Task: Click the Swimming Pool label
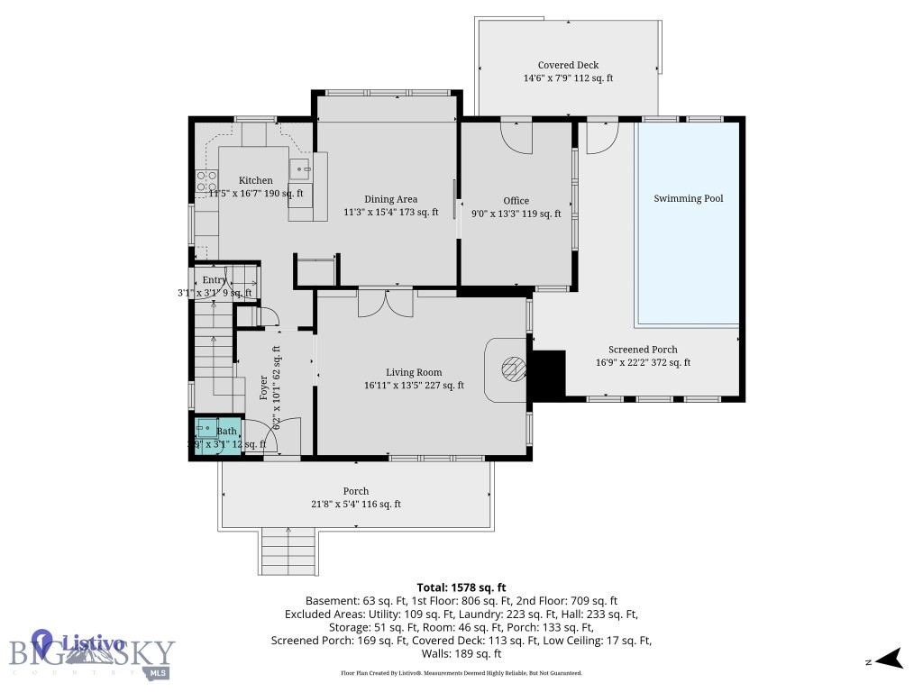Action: point(689,198)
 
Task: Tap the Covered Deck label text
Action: point(568,65)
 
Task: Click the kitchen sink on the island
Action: point(300,168)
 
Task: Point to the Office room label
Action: point(516,201)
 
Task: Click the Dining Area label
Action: point(390,199)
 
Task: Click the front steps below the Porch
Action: point(288,551)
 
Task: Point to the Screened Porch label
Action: point(643,350)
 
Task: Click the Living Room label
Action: point(414,372)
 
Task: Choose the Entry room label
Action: point(215,280)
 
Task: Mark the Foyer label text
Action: point(264,387)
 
